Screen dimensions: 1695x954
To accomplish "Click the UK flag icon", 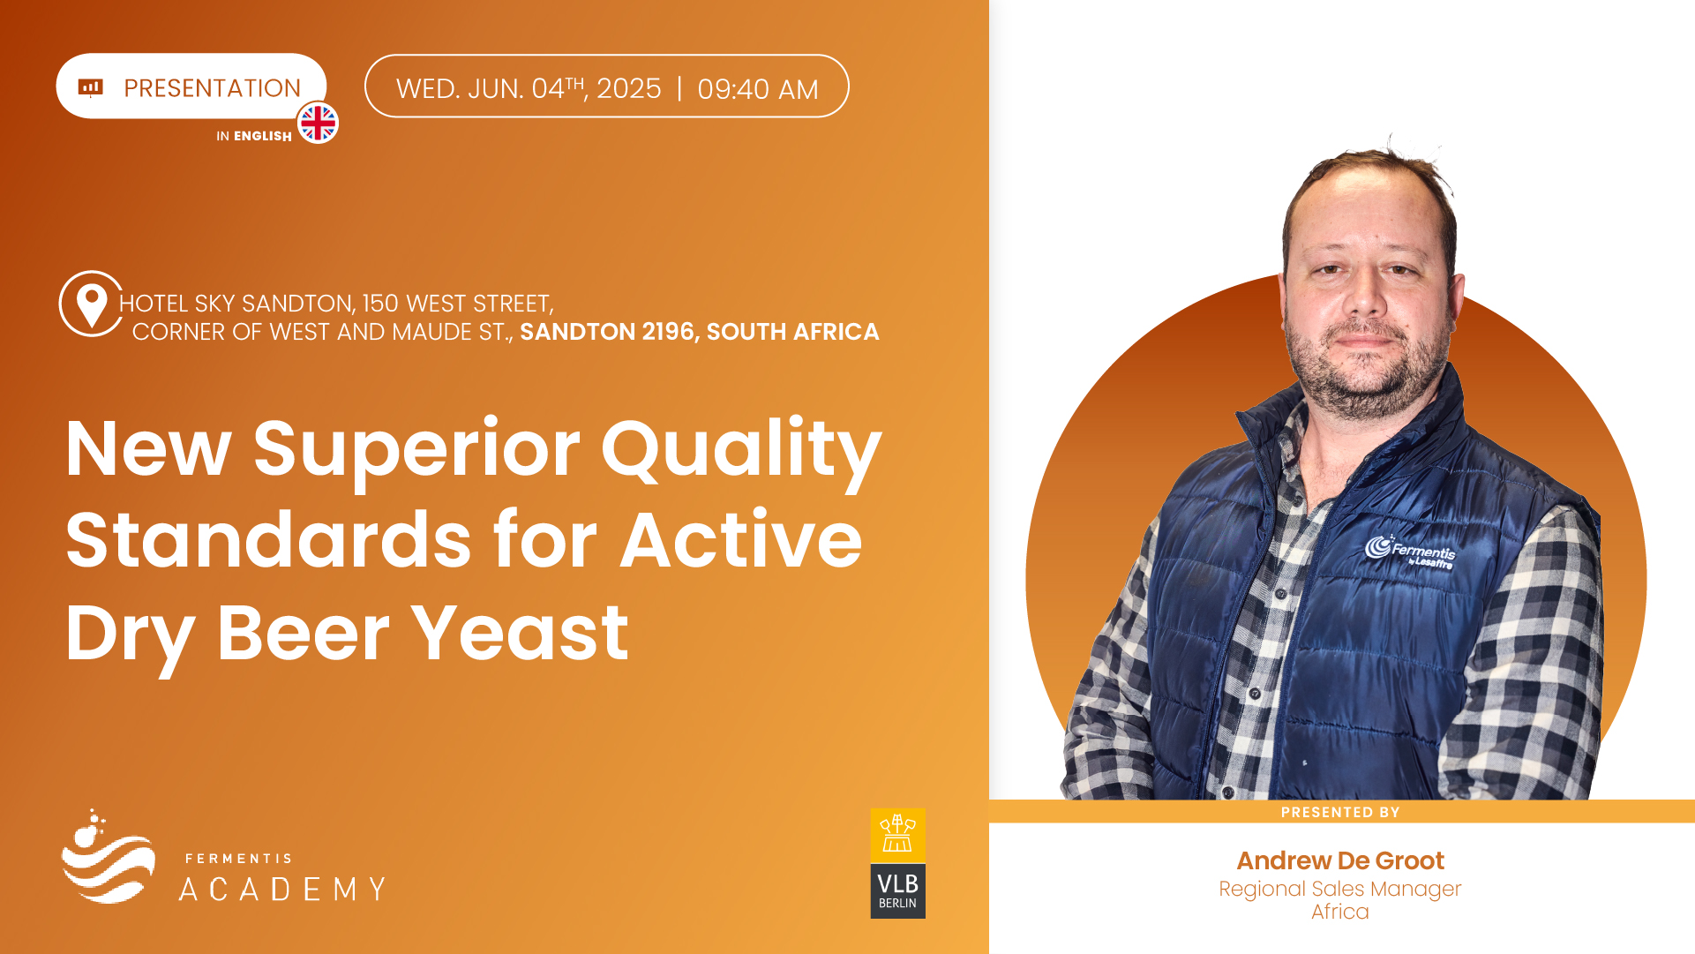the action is pyautogui.click(x=318, y=123).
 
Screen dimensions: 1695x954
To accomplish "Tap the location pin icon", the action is pyautogui.click(x=91, y=304).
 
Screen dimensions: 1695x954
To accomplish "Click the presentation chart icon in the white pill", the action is pyautogui.click(x=91, y=87).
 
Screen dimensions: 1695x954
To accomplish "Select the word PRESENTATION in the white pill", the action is pyautogui.click(x=212, y=88).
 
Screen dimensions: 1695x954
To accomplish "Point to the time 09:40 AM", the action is pyautogui.click(x=758, y=89).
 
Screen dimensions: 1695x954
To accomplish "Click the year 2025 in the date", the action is pyautogui.click(x=629, y=88).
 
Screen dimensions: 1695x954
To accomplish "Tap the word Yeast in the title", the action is pyautogui.click(x=520, y=633).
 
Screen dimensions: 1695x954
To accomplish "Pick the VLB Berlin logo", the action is pyautogui.click(x=898, y=863).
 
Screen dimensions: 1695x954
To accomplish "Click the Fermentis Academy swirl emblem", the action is pyautogui.click(x=109, y=856).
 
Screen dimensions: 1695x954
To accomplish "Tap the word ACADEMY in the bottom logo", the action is pyautogui.click(x=282, y=889).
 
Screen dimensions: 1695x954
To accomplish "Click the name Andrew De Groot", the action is pyautogui.click(x=1340, y=860).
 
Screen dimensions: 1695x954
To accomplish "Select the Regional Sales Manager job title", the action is pyautogui.click(x=1340, y=889).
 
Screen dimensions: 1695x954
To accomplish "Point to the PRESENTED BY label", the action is pyautogui.click(x=1340, y=812).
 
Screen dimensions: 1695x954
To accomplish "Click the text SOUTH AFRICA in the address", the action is pyautogui.click(x=793, y=332).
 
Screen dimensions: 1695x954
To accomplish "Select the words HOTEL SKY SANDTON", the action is pyautogui.click(x=236, y=304).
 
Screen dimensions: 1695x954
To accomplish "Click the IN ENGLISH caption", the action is pyautogui.click(x=254, y=136).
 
